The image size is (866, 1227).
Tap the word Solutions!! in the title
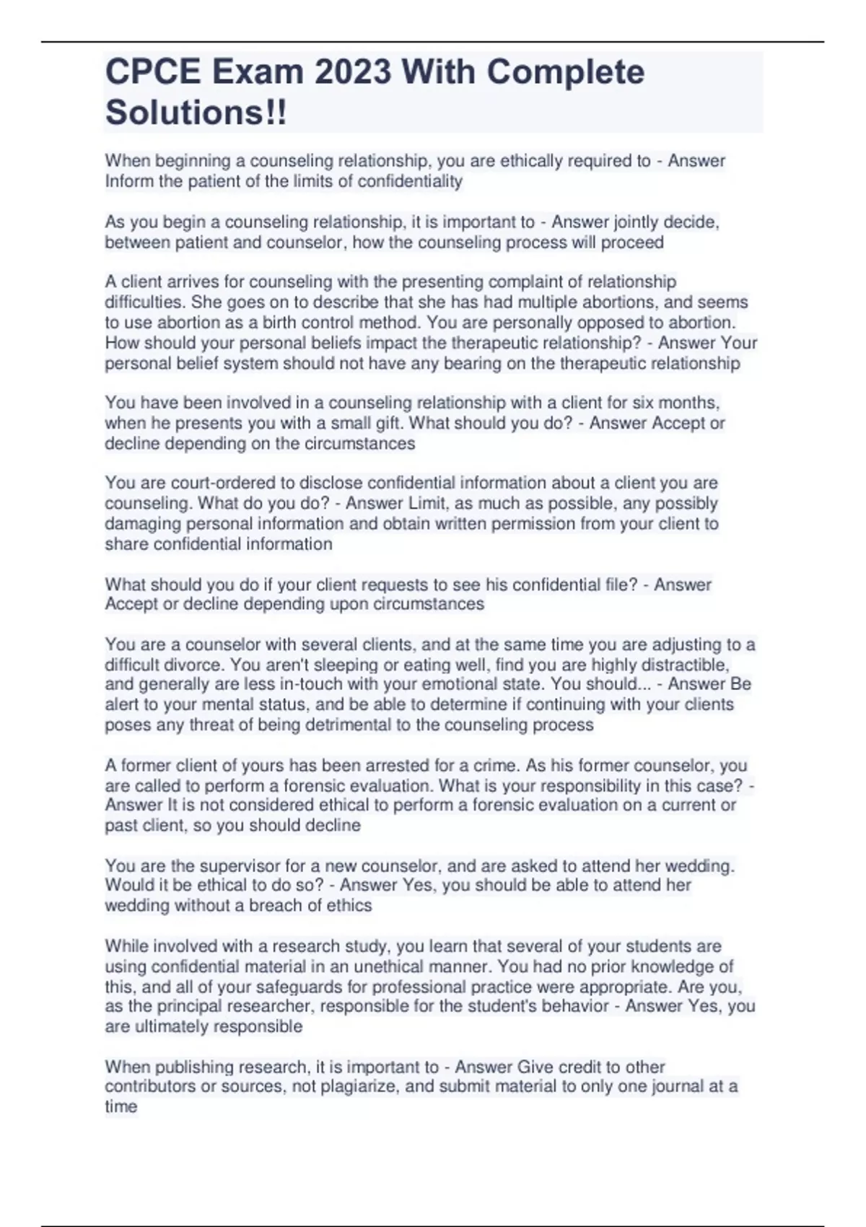coord(196,113)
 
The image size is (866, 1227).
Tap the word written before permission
coord(458,523)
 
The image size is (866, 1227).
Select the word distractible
coord(678,664)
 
